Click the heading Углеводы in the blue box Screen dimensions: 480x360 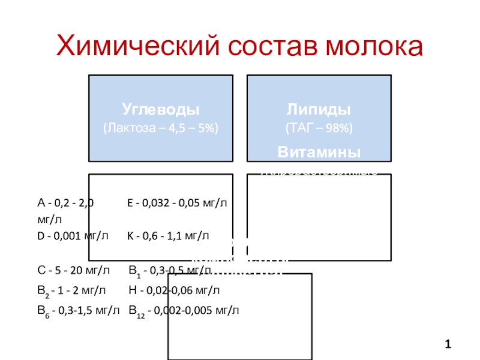coord(161,110)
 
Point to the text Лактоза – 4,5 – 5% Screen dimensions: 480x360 coord(161,128)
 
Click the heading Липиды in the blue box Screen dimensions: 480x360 coord(319,110)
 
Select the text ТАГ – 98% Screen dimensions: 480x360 coord(319,128)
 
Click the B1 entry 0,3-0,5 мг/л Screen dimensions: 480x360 coord(174,271)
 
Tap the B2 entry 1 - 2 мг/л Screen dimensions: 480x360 coord(71,291)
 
